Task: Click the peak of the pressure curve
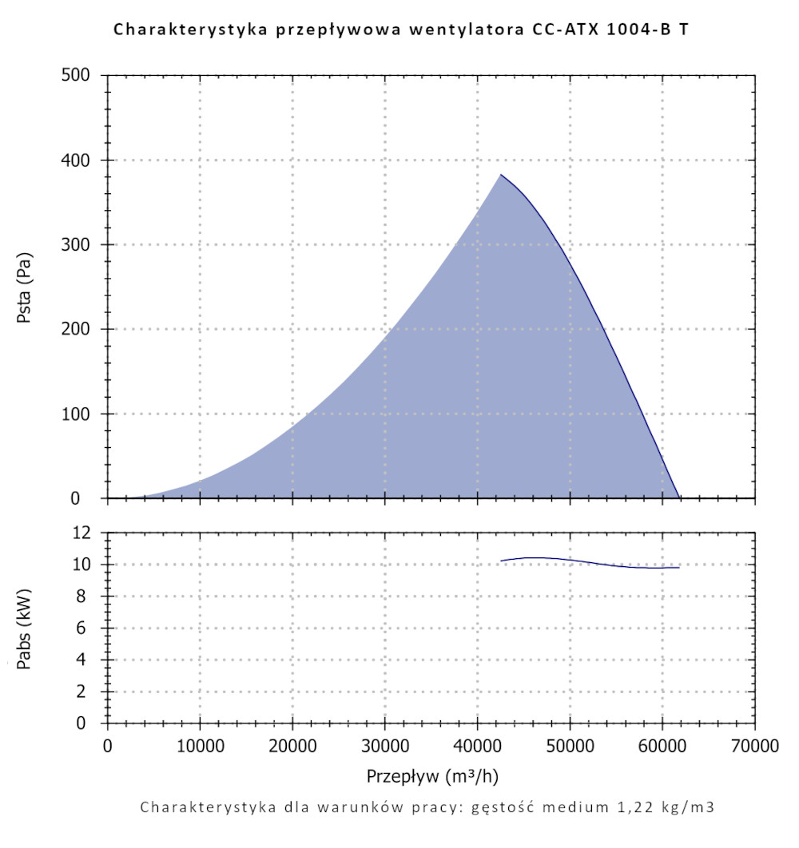501,174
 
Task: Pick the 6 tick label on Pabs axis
90,628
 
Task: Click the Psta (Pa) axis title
25,287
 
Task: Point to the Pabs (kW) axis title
25,628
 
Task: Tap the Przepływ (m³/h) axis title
432,776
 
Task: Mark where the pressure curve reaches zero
680,498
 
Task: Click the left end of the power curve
501,561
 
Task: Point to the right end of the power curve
679,568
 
